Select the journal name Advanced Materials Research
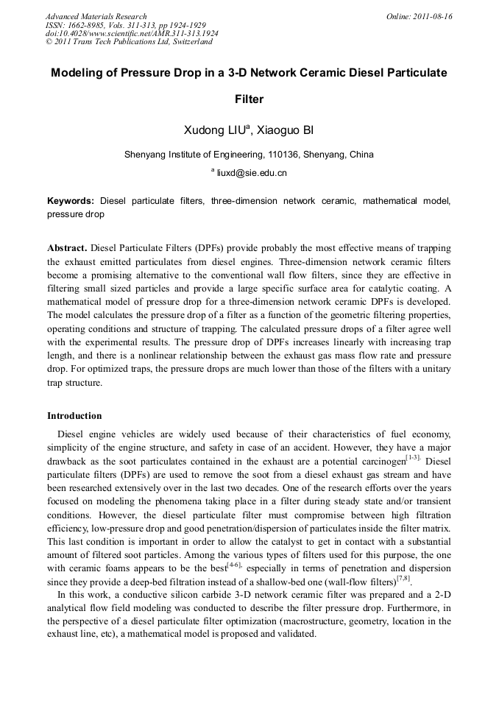coord(96,16)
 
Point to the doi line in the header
coord(131,34)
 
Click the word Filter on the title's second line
coord(249,99)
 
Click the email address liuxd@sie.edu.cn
coord(252,173)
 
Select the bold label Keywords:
coord(71,201)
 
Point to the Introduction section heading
coord(74,416)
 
